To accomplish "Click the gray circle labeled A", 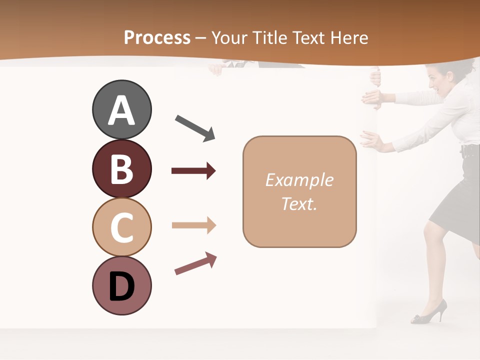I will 121,109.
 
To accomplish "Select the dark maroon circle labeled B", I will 121,168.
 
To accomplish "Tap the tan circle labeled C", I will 121,227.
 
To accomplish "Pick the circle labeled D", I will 121,285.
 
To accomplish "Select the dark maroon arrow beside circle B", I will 193,171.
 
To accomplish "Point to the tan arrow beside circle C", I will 193,225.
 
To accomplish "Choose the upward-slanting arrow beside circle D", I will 195,263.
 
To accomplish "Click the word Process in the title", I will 157,38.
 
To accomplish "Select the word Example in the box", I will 299,180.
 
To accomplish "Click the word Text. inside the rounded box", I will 299,203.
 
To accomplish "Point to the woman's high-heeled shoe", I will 429,312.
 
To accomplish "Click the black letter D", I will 121,287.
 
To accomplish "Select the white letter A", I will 121,110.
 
